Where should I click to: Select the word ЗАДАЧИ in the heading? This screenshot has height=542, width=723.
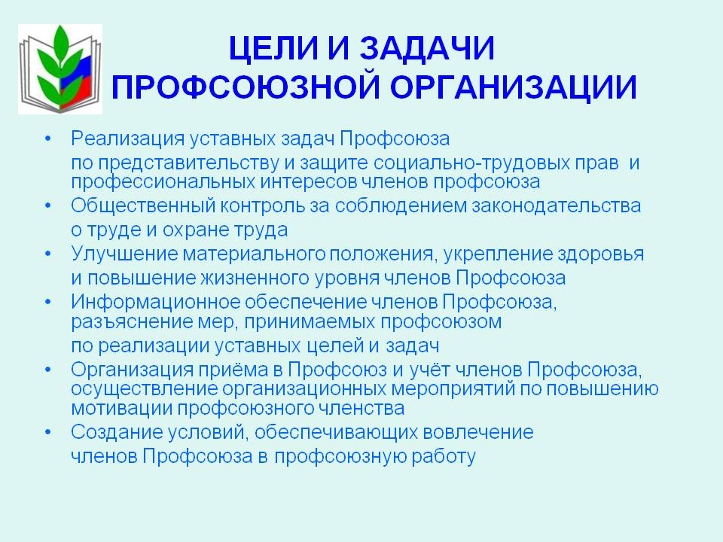click(427, 48)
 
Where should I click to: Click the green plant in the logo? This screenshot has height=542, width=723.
click(58, 65)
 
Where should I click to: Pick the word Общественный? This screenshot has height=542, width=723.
click(143, 206)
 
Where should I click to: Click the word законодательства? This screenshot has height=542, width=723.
click(556, 206)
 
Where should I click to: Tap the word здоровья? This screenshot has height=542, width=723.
click(601, 254)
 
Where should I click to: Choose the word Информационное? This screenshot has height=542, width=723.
click(156, 303)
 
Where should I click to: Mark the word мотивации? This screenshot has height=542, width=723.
click(122, 408)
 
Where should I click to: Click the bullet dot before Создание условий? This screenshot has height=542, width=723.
click(48, 432)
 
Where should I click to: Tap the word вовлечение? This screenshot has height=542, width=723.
click(478, 433)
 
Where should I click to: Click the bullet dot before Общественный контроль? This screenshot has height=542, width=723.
click(48, 206)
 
